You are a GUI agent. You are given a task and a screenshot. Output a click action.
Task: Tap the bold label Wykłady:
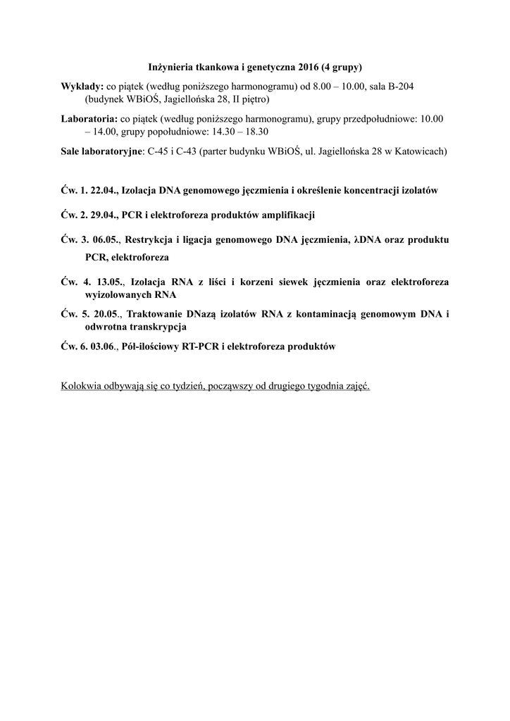(82, 85)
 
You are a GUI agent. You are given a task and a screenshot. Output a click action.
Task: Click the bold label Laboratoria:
(89, 119)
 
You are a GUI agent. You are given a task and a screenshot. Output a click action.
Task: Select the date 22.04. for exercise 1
(104, 191)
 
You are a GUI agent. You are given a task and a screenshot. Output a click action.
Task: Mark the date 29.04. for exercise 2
(104, 214)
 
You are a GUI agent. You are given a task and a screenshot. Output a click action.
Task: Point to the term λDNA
(369, 240)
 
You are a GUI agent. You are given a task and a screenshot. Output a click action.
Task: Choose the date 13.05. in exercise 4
(108, 282)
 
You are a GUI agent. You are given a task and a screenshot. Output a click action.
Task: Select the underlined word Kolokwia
(82, 387)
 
